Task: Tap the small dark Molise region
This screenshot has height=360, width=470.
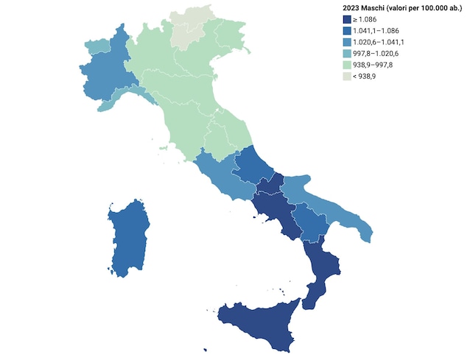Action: click(x=275, y=183)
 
